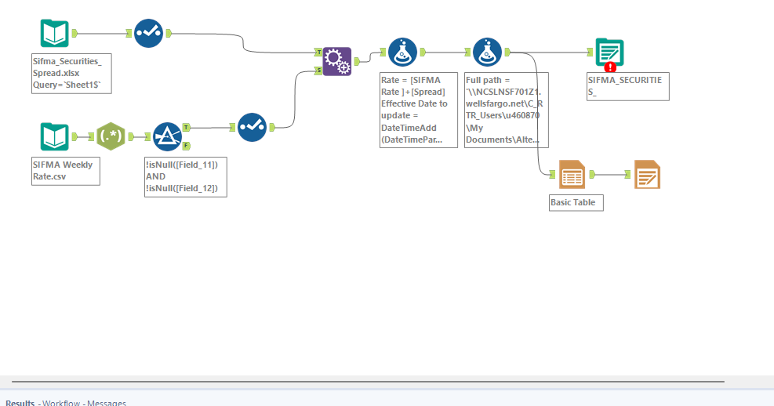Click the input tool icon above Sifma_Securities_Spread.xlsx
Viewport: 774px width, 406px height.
(55, 34)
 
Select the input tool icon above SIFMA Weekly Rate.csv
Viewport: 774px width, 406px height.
(55, 136)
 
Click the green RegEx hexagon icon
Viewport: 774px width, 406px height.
(111, 136)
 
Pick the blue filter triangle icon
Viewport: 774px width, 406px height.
(167, 136)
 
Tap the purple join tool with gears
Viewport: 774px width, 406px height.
(337, 61)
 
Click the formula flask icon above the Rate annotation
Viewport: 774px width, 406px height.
(402, 53)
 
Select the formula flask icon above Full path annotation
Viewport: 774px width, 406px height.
(488, 53)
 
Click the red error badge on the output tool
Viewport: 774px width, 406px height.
(610, 67)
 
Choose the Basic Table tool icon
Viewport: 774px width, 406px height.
(572, 175)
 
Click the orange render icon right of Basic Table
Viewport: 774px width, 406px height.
(647, 175)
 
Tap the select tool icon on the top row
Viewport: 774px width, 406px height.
(148, 34)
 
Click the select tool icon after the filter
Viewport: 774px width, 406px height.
(252, 127)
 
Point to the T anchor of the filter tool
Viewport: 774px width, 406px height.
(186, 127)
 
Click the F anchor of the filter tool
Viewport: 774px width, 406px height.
(186, 145)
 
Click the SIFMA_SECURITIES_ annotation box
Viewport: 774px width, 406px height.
(627, 86)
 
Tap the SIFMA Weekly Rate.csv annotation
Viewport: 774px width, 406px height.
(65, 170)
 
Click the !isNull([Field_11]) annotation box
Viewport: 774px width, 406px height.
(186, 176)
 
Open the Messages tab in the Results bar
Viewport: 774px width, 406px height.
(107, 403)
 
